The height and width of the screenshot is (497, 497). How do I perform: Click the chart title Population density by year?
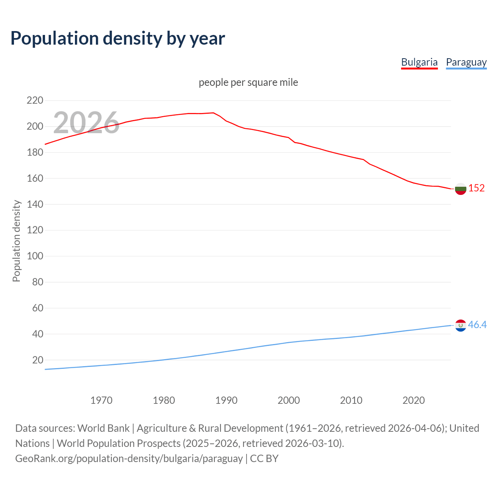[118, 38]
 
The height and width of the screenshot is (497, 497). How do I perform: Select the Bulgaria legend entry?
[419, 62]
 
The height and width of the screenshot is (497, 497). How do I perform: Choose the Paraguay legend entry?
[466, 62]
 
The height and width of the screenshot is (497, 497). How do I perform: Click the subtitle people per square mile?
[248, 82]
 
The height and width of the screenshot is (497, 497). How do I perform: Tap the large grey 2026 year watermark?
[86, 122]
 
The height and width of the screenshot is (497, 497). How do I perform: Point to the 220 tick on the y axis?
[35, 101]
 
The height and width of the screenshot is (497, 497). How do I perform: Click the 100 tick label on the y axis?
[35, 256]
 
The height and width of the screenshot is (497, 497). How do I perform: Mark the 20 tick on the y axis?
[38, 360]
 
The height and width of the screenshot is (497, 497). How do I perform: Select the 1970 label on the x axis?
[101, 400]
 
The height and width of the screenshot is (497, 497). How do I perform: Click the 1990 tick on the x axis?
[226, 400]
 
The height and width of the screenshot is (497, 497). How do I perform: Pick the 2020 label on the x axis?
[414, 400]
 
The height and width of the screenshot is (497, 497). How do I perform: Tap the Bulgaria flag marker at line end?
[461, 189]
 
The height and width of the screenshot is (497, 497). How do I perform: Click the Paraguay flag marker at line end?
[461, 325]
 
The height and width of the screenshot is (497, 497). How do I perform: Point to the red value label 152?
[476, 188]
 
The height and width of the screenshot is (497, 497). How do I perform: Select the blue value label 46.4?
[477, 325]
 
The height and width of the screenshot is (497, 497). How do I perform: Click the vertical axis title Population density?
[16, 241]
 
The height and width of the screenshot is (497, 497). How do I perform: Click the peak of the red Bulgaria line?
[213, 113]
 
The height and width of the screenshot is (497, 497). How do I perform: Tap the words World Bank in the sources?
[103, 428]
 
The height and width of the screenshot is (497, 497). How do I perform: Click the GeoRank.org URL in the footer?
[129, 459]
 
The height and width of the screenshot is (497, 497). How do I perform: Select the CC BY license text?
[264, 459]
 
